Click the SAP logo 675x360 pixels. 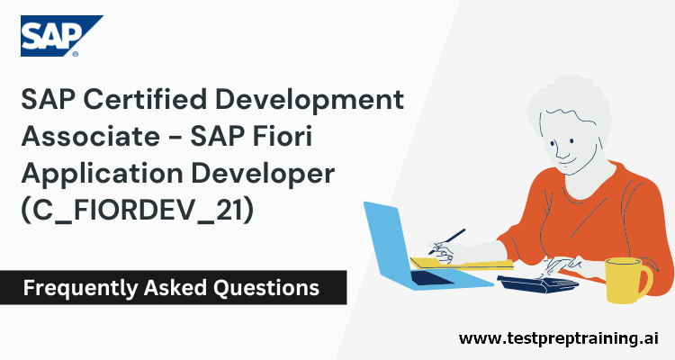[x=61, y=35]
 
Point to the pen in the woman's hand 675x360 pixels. [x=450, y=238]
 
